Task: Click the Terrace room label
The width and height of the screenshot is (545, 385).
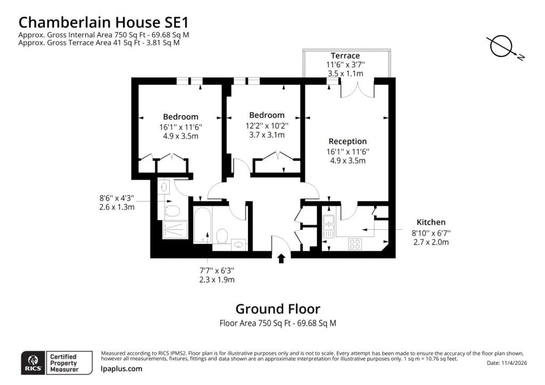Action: tap(345, 55)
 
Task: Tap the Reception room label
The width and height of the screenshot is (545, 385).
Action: tap(348, 141)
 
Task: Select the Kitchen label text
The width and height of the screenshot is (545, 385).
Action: tap(431, 222)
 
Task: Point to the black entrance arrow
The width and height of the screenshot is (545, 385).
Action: tap(281, 258)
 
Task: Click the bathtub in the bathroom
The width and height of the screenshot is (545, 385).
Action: tap(202, 225)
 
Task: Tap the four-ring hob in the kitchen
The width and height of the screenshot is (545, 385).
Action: tap(355, 244)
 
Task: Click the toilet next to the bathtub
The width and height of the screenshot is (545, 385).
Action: tap(222, 236)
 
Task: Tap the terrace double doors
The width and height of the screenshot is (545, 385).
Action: tap(357, 89)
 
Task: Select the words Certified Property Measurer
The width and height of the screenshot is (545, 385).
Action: tap(64, 363)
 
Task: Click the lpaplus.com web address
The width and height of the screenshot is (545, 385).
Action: tap(121, 369)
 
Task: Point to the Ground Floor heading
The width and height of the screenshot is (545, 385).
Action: tap(278, 308)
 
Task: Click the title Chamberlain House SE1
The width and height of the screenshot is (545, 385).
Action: tap(104, 22)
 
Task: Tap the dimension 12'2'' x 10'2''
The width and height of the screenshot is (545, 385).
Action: tap(267, 125)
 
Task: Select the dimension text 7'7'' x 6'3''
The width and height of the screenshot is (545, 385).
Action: tap(217, 271)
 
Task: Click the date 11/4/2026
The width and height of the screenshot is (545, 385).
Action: tap(515, 363)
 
